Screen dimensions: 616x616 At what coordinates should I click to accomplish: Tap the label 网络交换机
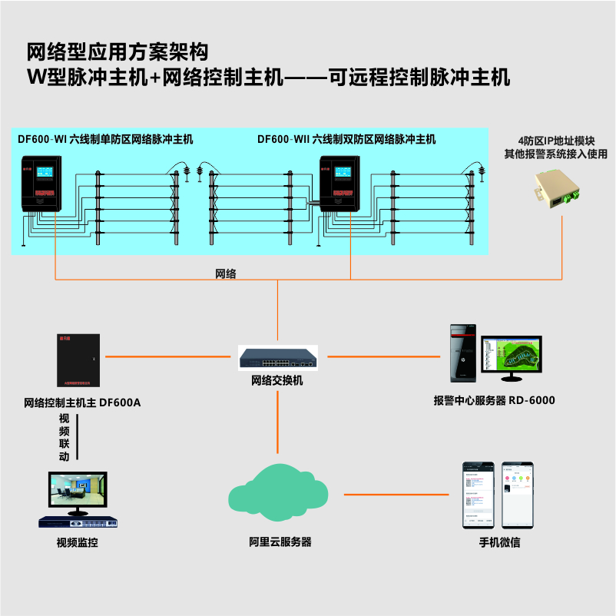click(x=277, y=379)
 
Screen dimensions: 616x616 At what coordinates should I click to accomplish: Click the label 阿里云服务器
click(x=280, y=542)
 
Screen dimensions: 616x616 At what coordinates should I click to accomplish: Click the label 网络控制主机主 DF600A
click(x=83, y=402)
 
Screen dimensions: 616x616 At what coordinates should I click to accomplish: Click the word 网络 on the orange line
click(x=225, y=273)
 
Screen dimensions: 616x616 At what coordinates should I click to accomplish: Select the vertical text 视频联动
click(x=65, y=437)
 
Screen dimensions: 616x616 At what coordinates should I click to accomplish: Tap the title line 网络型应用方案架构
click(x=117, y=52)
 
